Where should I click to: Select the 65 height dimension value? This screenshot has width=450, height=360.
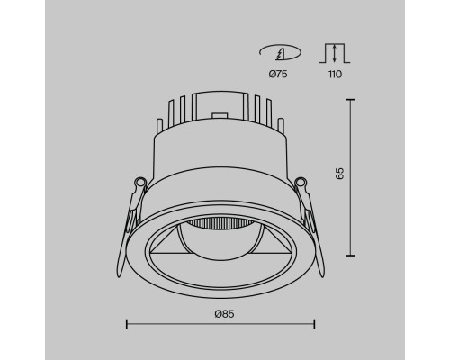pyautogui.click(x=339, y=174)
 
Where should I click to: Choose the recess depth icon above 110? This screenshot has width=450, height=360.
pyautogui.click(x=333, y=53)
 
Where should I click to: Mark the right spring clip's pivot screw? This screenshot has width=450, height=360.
pyautogui.click(x=301, y=184)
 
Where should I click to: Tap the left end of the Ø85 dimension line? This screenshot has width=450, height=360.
pyautogui.click(x=125, y=323)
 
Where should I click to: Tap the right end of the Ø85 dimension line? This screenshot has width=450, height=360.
pyautogui.click(x=314, y=323)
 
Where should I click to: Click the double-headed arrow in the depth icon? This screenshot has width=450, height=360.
pyautogui.click(x=333, y=52)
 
